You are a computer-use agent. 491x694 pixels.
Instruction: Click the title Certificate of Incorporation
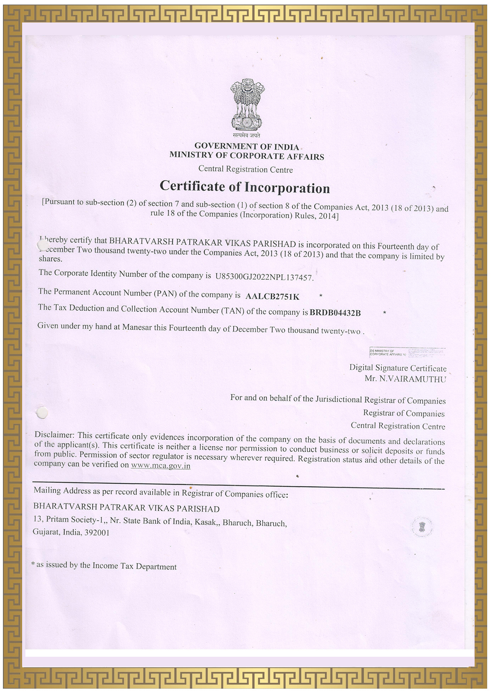tap(245, 187)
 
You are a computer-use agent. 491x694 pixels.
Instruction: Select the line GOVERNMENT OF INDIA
tap(246, 146)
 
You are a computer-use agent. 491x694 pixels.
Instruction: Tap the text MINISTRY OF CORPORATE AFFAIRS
tap(247, 155)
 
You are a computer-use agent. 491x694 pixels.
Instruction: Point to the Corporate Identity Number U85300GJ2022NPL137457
tap(264, 277)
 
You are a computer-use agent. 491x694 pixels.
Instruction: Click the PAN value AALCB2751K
tap(272, 296)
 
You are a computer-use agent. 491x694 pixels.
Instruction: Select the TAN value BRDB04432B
tap(335, 313)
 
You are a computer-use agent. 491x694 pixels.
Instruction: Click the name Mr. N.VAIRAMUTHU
tap(405, 379)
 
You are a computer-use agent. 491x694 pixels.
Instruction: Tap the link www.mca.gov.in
tap(160, 465)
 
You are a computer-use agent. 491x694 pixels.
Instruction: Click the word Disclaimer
tap(54, 434)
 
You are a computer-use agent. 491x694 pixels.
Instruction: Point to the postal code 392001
tap(97, 532)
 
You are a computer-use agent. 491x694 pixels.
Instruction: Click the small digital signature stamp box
tap(407, 352)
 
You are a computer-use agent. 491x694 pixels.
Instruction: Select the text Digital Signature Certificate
tap(398, 368)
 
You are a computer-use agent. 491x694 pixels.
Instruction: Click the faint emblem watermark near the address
tap(422, 526)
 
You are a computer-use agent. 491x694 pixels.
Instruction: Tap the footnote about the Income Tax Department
tap(104, 566)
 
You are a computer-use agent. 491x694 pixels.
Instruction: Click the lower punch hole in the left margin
tap(42, 413)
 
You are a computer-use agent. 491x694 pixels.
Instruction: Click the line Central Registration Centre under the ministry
tap(245, 169)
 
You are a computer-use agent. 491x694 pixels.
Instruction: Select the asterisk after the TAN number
tap(385, 313)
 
